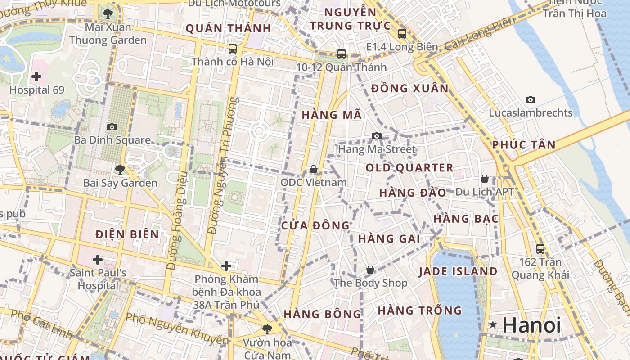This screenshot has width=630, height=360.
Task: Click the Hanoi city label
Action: click(532, 325)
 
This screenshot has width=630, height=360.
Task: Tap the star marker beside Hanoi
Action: click(493, 324)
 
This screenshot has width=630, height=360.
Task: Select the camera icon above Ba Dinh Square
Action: click(112, 127)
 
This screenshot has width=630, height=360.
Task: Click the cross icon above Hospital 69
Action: click(36, 76)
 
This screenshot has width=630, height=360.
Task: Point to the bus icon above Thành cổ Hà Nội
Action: click(232, 48)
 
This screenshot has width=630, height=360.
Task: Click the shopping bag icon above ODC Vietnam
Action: click(314, 169)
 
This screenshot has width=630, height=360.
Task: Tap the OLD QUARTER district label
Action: click(409, 168)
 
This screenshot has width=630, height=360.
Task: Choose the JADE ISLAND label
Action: click(458, 271)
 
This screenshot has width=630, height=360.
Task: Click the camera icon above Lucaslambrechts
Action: click(531, 99)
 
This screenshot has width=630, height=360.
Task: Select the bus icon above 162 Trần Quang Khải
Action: click(540, 248)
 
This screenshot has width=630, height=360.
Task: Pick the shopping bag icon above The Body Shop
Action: click(370, 270)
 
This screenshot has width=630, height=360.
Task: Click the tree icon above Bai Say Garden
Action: click(120, 170)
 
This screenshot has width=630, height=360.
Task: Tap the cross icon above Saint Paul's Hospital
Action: click(97, 259)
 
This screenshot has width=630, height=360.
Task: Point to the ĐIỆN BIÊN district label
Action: click(127, 234)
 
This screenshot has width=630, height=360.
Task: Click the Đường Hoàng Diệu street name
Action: click(176, 220)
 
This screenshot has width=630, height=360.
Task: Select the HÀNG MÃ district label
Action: click(332, 115)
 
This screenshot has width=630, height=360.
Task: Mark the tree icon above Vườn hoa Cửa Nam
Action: click(267, 329)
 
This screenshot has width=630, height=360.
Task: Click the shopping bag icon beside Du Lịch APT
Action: click(485, 179)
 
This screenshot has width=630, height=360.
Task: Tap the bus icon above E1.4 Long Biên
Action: click(402, 33)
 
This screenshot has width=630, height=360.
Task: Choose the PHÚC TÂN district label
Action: click(524, 145)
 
